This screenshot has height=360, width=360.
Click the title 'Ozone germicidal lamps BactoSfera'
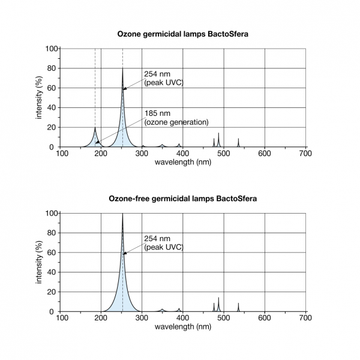[182, 34]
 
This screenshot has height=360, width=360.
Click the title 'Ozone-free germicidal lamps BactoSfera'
[182, 199]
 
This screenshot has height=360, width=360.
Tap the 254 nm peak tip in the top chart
[123, 68]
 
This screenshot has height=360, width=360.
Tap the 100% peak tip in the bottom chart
[123, 213]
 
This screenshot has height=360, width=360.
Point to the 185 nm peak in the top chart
[95, 127]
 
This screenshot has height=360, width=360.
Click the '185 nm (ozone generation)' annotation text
[176, 118]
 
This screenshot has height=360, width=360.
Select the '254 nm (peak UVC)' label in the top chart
[163, 78]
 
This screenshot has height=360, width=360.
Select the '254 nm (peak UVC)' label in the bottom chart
[163, 242]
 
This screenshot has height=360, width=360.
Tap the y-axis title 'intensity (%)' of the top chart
[39, 97]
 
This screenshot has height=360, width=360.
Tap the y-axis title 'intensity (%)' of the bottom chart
[39, 262]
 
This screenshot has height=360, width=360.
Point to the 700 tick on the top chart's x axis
[305, 154]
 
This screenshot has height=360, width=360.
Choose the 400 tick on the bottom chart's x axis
[182, 318]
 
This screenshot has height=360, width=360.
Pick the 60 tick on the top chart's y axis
[53, 88]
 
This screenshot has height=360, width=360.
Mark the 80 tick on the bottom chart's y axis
[53, 233]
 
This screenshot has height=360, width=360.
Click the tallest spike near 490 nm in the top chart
[218, 133]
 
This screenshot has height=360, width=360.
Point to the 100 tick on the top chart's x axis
[61, 154]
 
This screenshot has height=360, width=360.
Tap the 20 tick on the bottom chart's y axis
[53, 292]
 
